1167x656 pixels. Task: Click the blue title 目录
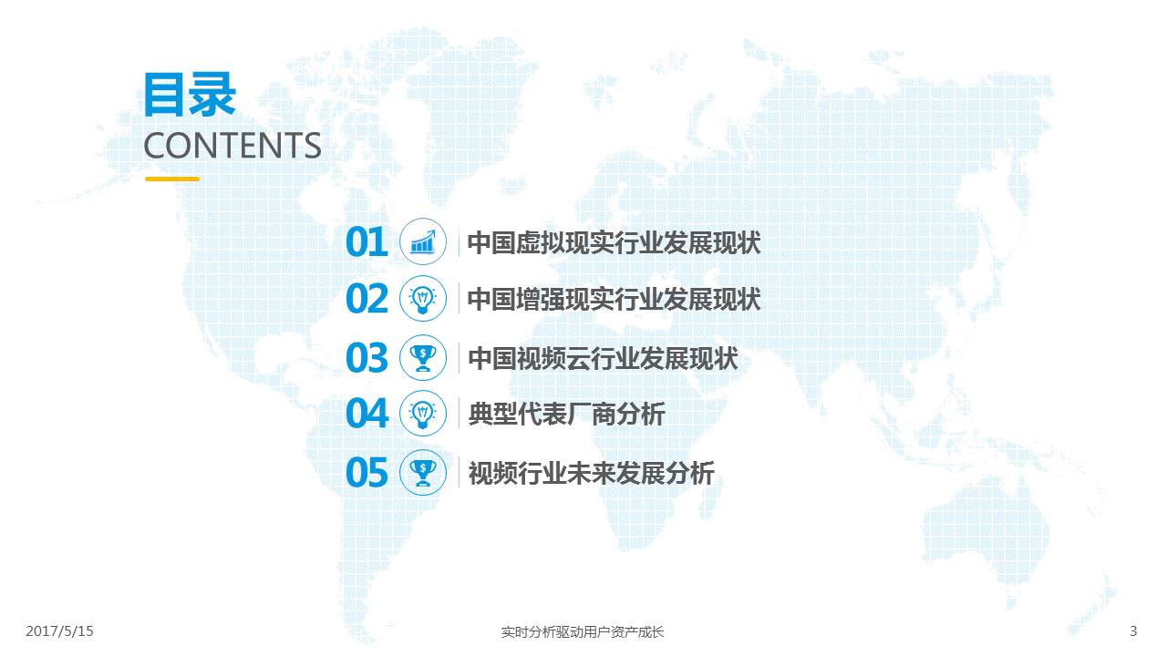pyautogui.click(x=190, y=94)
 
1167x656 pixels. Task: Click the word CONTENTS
pyautogui.click(x=232, y=146)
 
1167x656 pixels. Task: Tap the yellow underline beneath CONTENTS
pyautogui.click(x=172, y=179)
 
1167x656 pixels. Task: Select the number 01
pyautogui.click(x=367, y=242)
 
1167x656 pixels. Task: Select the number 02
pyautogui.click(x=367, y=299)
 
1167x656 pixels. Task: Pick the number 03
pyautogui.click(x=367, y=358)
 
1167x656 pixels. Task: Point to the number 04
pyautogui.click(x=367, y=414)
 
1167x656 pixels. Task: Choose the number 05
pyautogui.click(x=367, y=473)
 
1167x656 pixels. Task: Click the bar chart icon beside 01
pyautogui.click(x=423, y=242)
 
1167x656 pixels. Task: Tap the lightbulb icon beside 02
pyautogui.click(x=423, y=299)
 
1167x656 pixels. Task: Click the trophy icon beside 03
pyautogui.click(x=423, y=358)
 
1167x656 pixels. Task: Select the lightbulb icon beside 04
pyautogui.click(x=423, y=414)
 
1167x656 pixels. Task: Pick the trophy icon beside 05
pyautogui.click(x=423, y=473)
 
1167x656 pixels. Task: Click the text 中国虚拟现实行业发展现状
pyautogui.click(x=614, y=243)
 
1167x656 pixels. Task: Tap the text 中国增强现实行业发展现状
pyautogui.click(x=614, y=300)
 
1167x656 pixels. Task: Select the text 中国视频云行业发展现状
pyautogui.click(x=603, y=359)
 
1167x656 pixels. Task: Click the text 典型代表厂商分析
pyautogui.click(x=566, y=415)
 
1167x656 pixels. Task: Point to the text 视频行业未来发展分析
pyautogui.click(x=592, y=474)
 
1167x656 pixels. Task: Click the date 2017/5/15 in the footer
pyautogui.click(x=60, y=631)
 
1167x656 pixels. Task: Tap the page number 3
pyautogui.click(x=1133, y=631)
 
